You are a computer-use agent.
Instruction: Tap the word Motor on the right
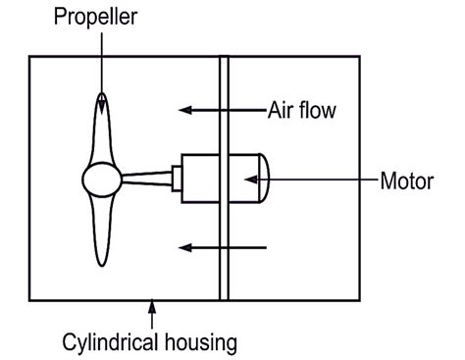click(x=406, y=180)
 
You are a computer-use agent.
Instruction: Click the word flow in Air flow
click(x=317, y=110)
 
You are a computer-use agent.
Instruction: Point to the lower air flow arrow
click(x=222, y=247)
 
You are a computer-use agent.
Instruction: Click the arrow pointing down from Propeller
click(x=102, y=59)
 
